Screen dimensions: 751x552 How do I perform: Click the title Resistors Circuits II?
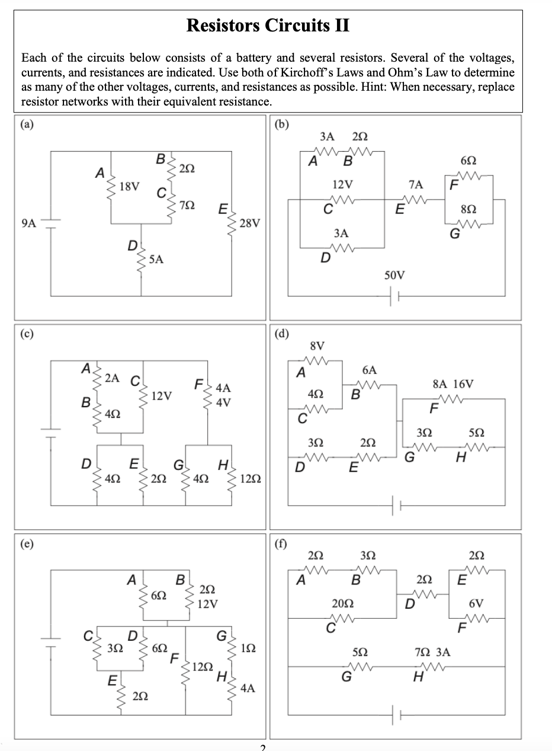pyautogui.click(x=268, y=25)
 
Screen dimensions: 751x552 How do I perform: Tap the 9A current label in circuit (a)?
pyautogui.click(x=28, y=223)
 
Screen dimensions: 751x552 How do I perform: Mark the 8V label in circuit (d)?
pyautogui.click(x=317, y=345)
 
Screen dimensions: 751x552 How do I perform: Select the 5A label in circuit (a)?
pyautogui.click(x=156, y=258)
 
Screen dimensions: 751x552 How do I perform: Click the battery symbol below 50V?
pyautogui.click(x=395, y=295)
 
